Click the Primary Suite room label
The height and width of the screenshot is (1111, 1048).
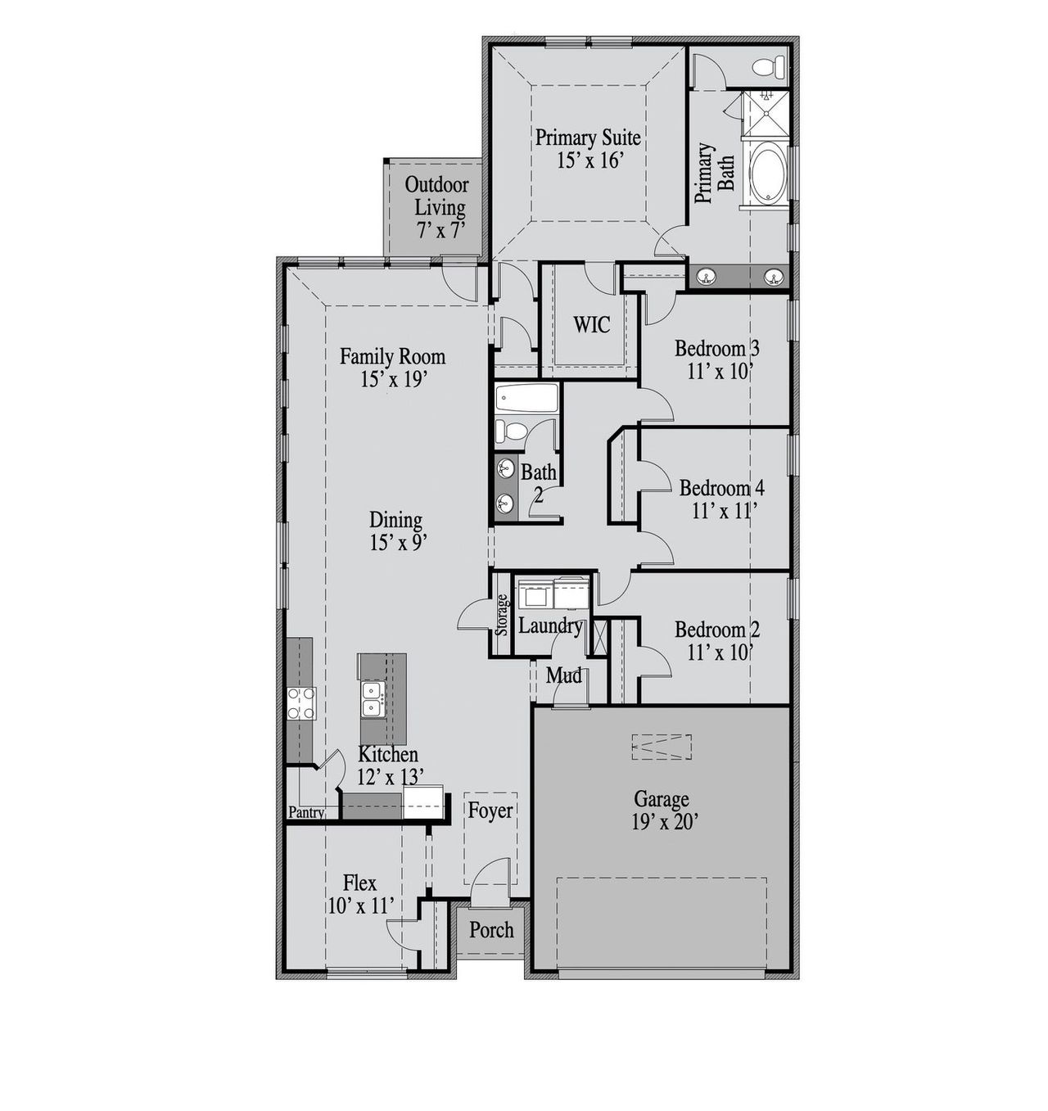pyautogui.click(x=588, y=138)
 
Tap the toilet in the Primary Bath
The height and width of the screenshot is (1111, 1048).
pyautogui.click(x=768, y=66)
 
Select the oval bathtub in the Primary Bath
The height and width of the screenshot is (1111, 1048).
pyautogui.click(x=767, y=173)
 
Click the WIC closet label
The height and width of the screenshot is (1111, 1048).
pyautogui.click(x=591, y=325)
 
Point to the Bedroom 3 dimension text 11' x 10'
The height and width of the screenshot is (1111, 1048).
pyautogui.click(x=720, y=372)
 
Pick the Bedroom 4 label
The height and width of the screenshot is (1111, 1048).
pyautogui.click(x=721, y=488)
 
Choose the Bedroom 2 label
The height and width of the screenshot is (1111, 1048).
pyautogui.click(x=717, y=630)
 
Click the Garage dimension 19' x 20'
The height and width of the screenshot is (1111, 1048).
pyautogui.click(x=663, y=822)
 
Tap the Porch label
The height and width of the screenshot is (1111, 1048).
pyautogui.click(x=491, y=930)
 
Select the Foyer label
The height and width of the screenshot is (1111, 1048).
pyautogui.click(x=490, y=811)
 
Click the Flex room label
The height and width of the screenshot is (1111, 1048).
pyautogui.click(x=359, y=883)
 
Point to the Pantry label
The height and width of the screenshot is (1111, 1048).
pyautogui.click(x=306, y=813)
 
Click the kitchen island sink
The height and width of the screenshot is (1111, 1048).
pyautogui.click(x=373, y=701)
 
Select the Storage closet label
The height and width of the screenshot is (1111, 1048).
pyautogui.click(x=502, y=615)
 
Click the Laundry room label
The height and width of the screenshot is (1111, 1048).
pyautogui.click(x=550, y=626)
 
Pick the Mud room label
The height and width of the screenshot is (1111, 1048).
pyautogui.click(x=564, y=675)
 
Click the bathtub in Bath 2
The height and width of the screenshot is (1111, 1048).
pyautogui.click(x=527, y=399)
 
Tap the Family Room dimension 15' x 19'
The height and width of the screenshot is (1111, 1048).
pyautogui.click(x=393, y=379)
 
